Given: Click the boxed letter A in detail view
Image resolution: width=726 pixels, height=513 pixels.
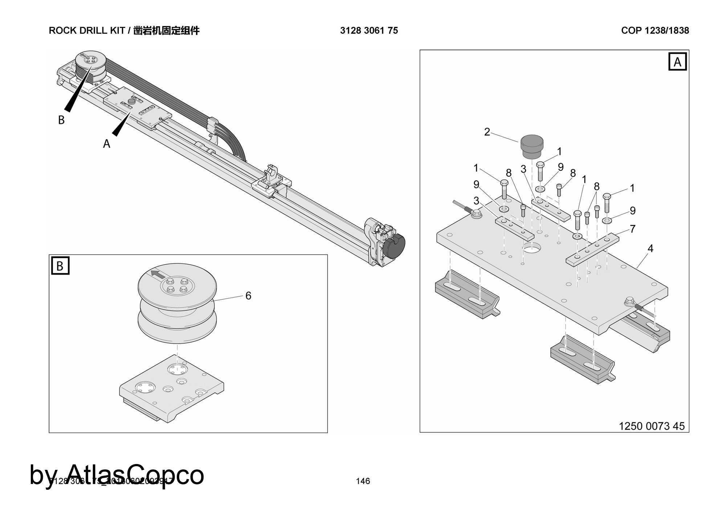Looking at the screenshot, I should pos(677,62).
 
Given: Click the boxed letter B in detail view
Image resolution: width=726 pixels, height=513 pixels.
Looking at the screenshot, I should pos(60,266).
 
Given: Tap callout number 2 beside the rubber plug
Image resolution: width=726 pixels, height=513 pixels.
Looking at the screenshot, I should pos(487,132).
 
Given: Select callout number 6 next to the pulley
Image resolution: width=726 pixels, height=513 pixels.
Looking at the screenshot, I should pos(248,296).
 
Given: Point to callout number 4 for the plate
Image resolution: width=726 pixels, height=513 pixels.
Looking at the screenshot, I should pos(650,249).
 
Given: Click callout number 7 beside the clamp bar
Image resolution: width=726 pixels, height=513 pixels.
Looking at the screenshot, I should pos(633,229).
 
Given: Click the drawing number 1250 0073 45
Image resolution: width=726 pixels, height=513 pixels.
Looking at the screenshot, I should pos(651,426).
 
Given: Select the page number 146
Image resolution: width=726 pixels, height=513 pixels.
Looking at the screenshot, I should pos(363,481).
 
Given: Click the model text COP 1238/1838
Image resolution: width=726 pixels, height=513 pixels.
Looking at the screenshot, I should pos(655,30).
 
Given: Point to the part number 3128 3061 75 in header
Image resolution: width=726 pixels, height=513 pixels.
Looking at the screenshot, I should pos(369,30).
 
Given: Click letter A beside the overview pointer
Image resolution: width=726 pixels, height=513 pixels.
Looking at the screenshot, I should pos(106,144).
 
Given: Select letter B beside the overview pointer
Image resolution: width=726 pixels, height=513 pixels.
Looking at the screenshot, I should pos(61,120).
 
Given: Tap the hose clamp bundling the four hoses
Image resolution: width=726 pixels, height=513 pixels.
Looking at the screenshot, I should pos(213,125).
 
